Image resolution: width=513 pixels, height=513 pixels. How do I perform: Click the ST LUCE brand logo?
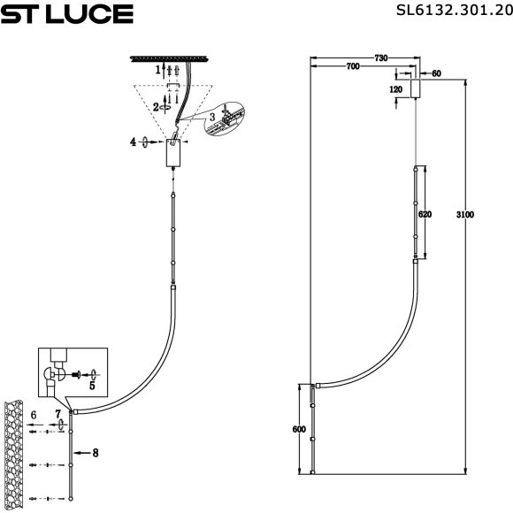(x=67, y=13)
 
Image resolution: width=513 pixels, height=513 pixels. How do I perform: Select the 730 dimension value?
(x=380, y=57)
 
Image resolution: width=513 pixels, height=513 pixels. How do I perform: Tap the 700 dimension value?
(x=352, y=67)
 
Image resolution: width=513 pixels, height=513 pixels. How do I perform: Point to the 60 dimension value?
(x=436, y=74)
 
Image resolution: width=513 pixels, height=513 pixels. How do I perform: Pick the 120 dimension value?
(x=395, y=90)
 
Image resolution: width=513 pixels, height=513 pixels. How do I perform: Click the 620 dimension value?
(x=425, y=213)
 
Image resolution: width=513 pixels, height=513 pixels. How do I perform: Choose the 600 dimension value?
(x=298, y=430)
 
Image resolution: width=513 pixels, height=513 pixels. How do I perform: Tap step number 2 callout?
(x=156, y=106)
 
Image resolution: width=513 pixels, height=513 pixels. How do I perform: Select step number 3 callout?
(x=211, y=117)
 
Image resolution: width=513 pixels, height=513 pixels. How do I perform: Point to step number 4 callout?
(x=134, y=142)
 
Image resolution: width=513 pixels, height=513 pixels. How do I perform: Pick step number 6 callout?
(x=33, y=414)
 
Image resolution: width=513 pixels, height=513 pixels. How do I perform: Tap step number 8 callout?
(x=96, y=452)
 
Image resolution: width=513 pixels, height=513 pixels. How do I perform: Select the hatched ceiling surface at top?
(x=172, y=58)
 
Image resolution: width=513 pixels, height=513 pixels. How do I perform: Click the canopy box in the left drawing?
(x=174, y=154)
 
